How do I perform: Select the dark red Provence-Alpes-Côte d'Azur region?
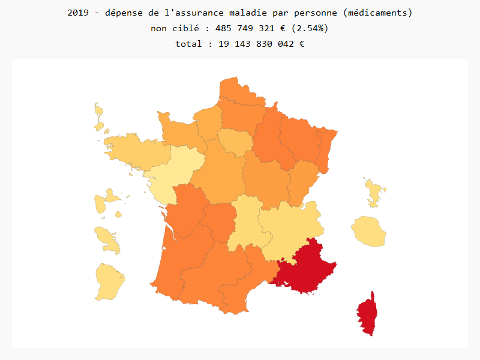point(306,267)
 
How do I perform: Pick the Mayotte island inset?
point(374,192)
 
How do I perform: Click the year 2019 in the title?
point(79,13)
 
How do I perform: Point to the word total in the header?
point(189,44)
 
